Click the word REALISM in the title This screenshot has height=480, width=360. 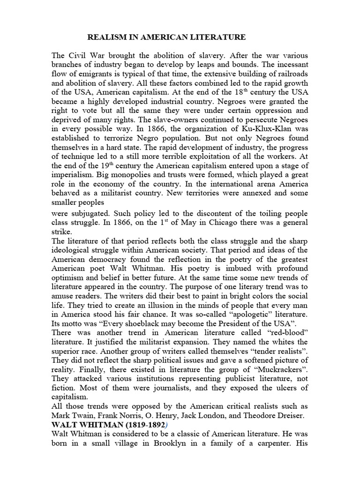tap(105, 37)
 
